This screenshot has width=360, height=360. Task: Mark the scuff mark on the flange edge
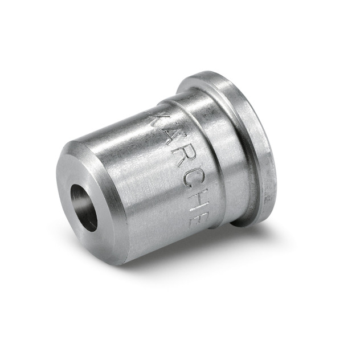click(x=268, y=171)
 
